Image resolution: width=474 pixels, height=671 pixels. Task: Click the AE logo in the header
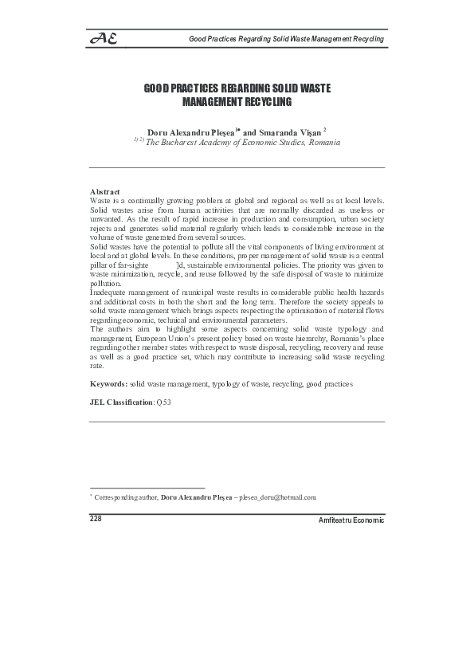pos(104,38)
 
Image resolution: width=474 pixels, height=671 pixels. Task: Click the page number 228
pos(97,518)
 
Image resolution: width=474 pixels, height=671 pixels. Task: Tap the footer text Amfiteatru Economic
pos(351,520)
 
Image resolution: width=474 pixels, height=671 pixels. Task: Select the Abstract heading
pos(105,192)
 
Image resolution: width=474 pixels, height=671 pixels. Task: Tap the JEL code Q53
pos(163,403)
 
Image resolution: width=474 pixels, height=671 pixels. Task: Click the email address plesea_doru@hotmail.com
pos(278,497)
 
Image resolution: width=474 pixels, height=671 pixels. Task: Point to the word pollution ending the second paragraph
pos(106,284)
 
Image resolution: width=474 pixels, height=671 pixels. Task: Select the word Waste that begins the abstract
pos(100,201)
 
